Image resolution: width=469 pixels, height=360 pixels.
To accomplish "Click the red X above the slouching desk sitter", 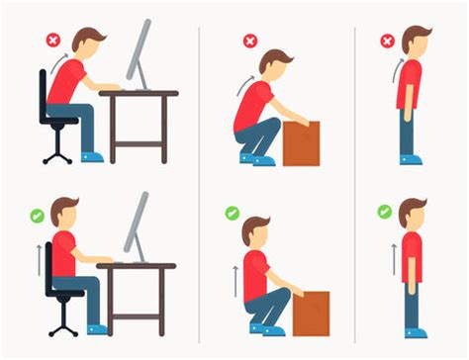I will coord(52,42).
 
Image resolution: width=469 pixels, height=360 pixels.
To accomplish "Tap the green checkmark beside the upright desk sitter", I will coord(37,214).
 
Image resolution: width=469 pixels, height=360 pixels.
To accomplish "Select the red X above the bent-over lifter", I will coord(250,42).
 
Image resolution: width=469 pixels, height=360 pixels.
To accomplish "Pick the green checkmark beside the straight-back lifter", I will coord(232,213).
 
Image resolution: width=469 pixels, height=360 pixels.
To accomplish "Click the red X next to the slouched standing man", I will coord(387,42).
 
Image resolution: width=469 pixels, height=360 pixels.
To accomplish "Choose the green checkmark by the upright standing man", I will coord(384,212).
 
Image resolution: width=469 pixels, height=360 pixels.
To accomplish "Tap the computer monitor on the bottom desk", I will coord(136,224).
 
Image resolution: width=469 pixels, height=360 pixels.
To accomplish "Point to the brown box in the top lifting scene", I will coord(301,142).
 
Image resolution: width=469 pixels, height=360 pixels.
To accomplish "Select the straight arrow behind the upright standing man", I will coord(392,259).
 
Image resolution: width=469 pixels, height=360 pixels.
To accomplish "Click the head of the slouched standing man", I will coord(415,43).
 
